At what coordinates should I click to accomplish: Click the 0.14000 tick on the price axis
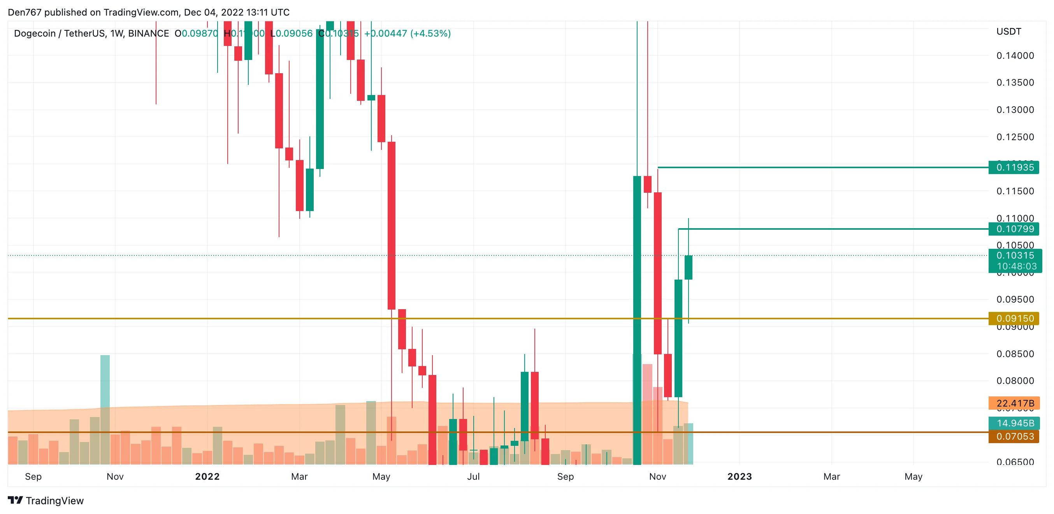click(1015, 56)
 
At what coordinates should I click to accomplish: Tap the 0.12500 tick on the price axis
click(1015, 137)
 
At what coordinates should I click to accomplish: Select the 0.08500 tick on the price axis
click(1015, 354)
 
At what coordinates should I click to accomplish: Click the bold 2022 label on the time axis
click(207, 476)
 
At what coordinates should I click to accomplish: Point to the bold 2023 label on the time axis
click(740, 476)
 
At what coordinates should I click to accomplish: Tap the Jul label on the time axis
click(473, 476)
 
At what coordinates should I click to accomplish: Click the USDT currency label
click(1008, 32)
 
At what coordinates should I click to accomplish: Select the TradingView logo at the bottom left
click(46, 500)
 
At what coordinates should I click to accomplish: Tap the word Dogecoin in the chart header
click(35, 33)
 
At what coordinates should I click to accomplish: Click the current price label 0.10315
click(1015, 256)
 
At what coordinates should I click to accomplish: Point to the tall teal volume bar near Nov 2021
click(105, 380)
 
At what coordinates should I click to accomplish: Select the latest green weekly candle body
click(688, 268)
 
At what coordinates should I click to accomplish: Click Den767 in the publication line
click(25, 12)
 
